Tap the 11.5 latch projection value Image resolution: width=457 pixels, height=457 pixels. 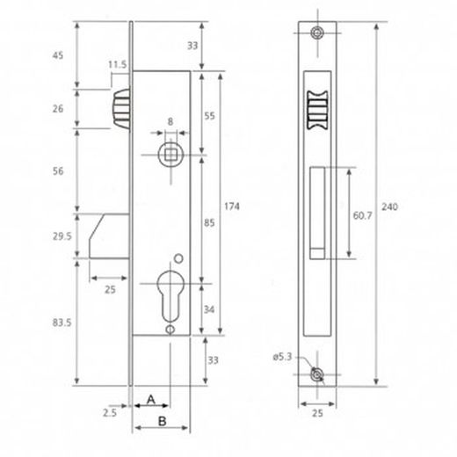117,64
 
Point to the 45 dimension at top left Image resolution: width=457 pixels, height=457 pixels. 60,54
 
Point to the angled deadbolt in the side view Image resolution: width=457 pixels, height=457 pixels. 110,235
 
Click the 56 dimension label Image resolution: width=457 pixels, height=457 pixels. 60,172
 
